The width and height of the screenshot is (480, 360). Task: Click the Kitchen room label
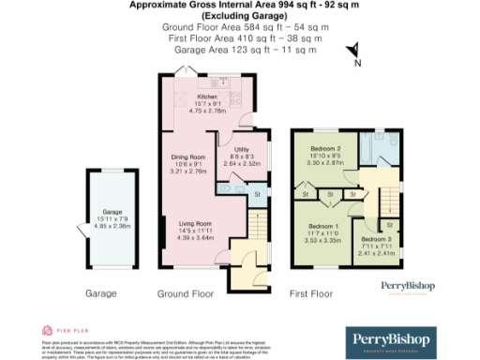pos(206,97)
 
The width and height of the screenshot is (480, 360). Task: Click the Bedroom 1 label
pos(323,227)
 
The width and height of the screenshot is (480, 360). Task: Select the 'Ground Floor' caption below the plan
pos(185,293)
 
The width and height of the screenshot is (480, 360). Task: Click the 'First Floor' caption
pos(310,293)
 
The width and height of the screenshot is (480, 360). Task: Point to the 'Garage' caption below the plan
pos(100,293)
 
